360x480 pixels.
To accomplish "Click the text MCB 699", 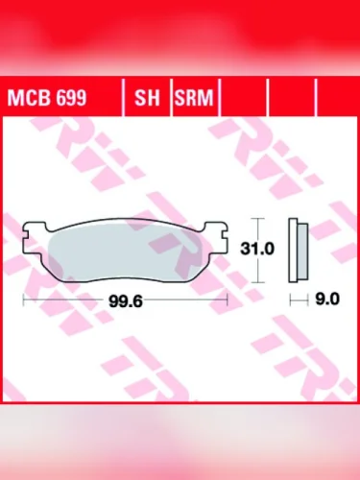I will pos(45,98).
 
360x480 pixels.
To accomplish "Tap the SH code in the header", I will pos(147,98).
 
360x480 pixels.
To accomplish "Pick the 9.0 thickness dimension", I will pos(327,300).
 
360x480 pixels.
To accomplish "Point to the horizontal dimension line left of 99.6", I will pos(67,300).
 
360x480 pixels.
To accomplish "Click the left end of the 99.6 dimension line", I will pos(22,300).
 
